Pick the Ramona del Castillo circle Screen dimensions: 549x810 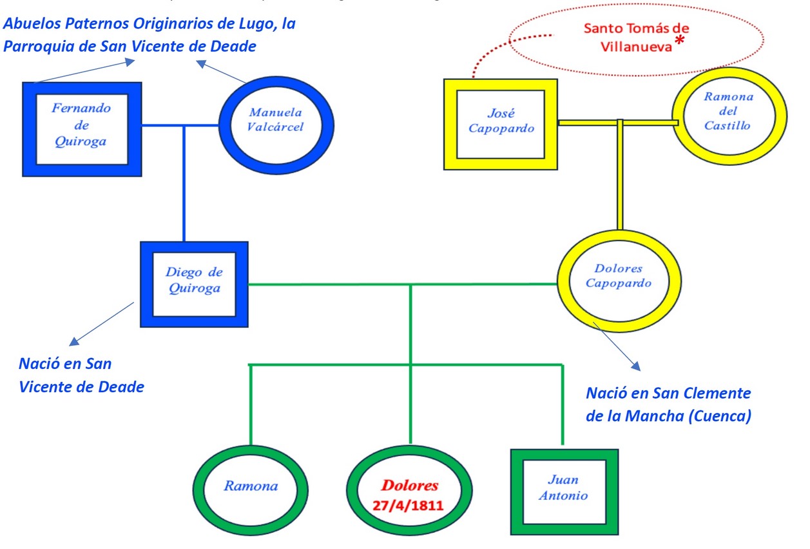point(729,115)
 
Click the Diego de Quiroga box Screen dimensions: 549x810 point(194,284)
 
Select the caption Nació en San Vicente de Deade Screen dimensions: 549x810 point(81,375)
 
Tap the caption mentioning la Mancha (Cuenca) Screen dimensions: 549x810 point(668,404)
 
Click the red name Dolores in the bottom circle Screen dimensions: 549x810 point(410,485)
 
